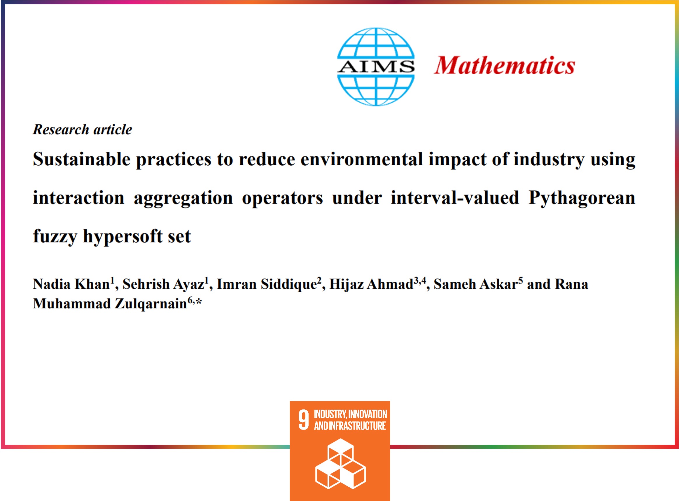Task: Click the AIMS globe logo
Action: tap(376, 67)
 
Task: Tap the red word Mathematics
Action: tap(504, 66)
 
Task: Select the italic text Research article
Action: tap(83, 129)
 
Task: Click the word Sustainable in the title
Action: tap(82, 159)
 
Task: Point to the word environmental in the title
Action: tap(361, 159)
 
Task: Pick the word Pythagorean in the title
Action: tap(582, 198)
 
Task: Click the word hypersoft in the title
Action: tap(123, 236)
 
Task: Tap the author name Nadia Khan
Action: tap(71, 284)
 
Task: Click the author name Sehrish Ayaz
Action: tap(163, 284)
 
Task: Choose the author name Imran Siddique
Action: tap(267, 284)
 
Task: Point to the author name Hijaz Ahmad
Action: tap(371, 284)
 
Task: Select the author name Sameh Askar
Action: tap(475, 284)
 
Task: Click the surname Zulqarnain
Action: tap(151, 304)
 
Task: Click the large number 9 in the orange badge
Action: tap(303, 420)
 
